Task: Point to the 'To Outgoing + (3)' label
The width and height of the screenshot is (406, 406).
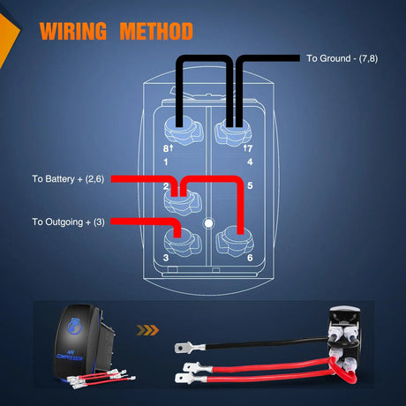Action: (68, 222)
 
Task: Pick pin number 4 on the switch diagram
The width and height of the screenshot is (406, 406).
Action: (251, 161)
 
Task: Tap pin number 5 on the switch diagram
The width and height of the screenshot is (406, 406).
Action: (251, 186)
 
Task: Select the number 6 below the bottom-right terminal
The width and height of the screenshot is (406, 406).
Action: (251, 258)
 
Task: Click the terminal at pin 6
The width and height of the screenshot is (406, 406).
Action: (232, 238)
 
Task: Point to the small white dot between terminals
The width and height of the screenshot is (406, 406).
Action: (207, 222)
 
